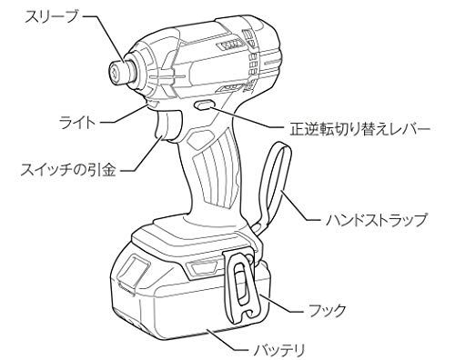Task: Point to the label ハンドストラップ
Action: [379, 219]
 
